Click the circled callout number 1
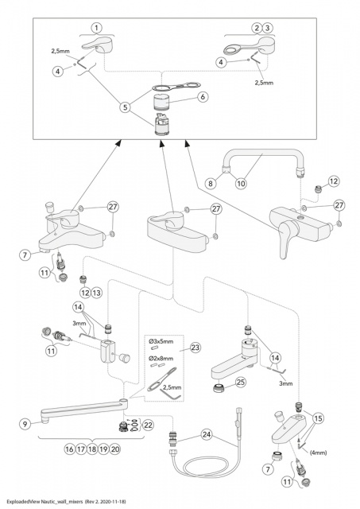pyautogui.click(x=96, y=29)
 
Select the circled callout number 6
pyautogui.click(x=203, y=97)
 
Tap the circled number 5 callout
pyautogui.click(x=126, y=107)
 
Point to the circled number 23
pyautogui.click(x=195, y=348)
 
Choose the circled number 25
pyautogui.click(x=240, y=383)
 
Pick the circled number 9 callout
pyautogui.click(x=25, y=424)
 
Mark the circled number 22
pyautogui.click(x=148, y=425)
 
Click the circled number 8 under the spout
pyautogui.click(x=211, y=184)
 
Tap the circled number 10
pyautogui.click(x=241, y=184)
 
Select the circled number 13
pyautogui.click(x=97, y=293)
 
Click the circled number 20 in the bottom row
pyautogui.click(x=115, y=449)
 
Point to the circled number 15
pyautogui.click(x=318, y=418)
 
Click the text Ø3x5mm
pyautogui.click(x=161, y=341)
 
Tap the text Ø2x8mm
pyautogui.click(x=161, y=359)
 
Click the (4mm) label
pyautogui.click(x=318, y=453)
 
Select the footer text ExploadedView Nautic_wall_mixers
pyautogui.click(x=45, y=501)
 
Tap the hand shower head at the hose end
pyautogui.click(x=238, y=422)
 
